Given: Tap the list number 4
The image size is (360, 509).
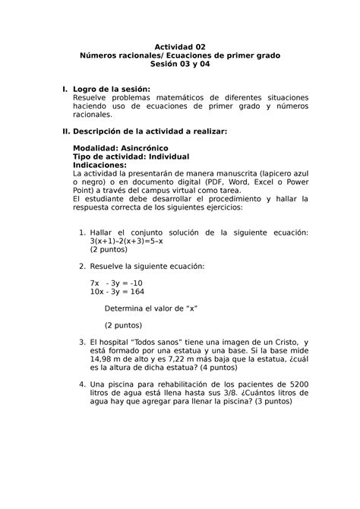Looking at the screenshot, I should pyautogui.click(x=82, y=385).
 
